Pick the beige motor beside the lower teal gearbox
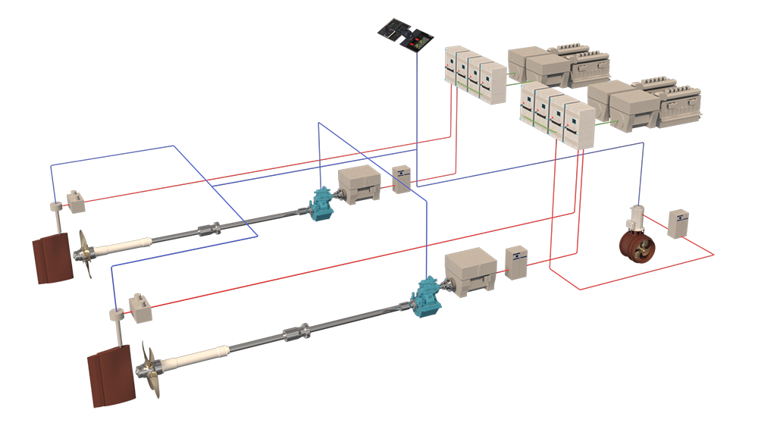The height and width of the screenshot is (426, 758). click(x=470, y=271)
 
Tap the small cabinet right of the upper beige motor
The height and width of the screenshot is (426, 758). click(x=402, y=177)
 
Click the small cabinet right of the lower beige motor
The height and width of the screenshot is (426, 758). click(x=516, y=262)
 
